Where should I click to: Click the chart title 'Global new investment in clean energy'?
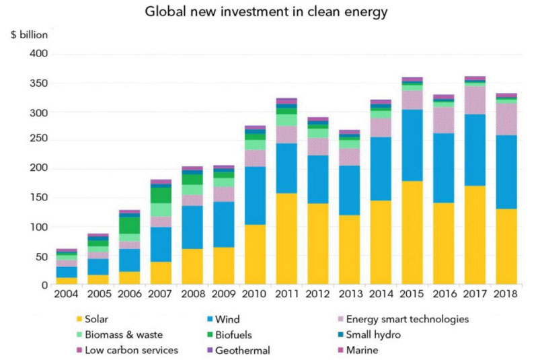[x=268, y=11]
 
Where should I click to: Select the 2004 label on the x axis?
[x=67, y=295]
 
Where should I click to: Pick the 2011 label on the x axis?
[x=286, y=295]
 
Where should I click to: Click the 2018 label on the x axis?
[x=506, y=295]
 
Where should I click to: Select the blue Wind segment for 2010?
[x=256, y=195]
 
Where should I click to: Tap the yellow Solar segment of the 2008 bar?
[x=192, y=266]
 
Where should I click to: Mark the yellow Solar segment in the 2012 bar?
[x=318, y=244]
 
